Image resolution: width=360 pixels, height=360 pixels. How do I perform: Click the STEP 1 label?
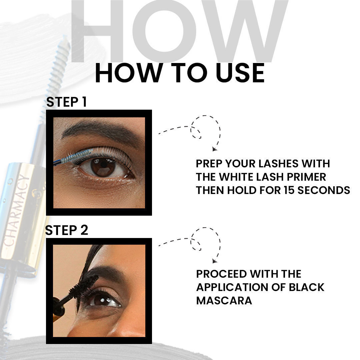tap(66, 102)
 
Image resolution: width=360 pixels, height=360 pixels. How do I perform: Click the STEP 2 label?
tap(66, 230)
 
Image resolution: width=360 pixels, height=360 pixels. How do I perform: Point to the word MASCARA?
tap(224, 300)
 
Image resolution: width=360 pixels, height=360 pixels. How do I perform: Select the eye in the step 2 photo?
tap(103, 299)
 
